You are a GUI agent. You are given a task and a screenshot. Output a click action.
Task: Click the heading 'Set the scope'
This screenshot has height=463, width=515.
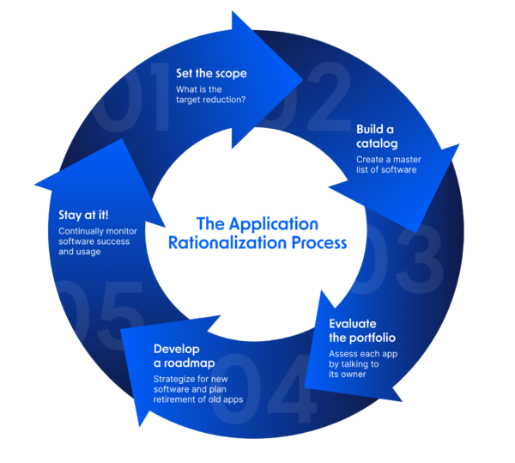211,73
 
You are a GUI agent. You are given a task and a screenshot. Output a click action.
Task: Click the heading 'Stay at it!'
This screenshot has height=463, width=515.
83,215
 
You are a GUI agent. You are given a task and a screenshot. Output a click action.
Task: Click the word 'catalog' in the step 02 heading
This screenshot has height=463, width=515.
379,143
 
